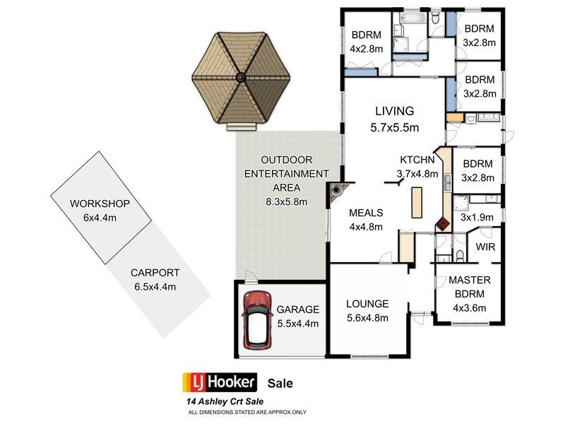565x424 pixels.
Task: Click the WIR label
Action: pos(485,247)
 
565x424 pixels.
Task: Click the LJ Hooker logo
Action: pos(218,383)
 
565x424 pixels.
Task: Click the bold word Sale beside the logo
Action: pos(280,383)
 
